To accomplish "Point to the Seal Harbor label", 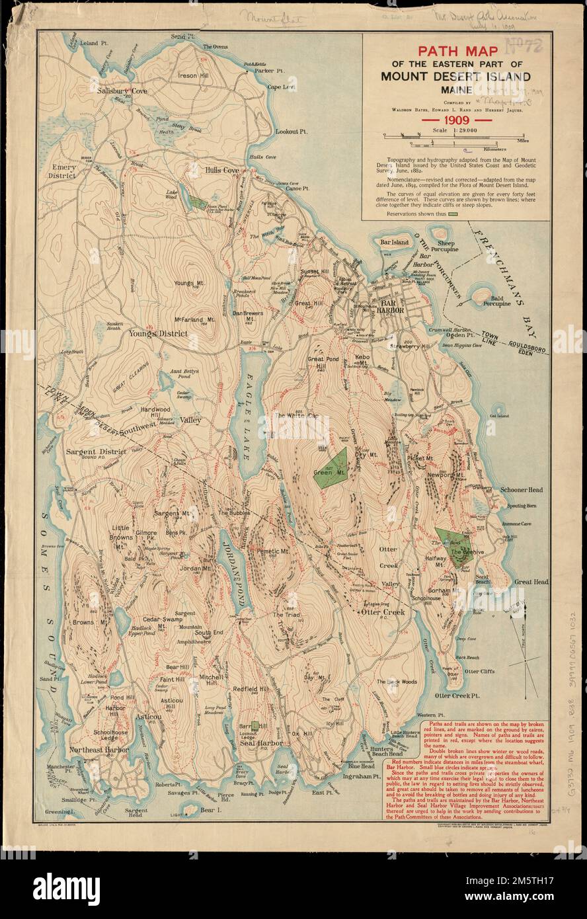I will pyautogui.click(x=261, y=743).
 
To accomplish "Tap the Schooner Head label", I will pyautogui.click(x=521, y=490).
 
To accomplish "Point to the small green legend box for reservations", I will pyautogui.click(x=453, y=214).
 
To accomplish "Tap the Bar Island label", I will pyautogui.click(x=395, y=243).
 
